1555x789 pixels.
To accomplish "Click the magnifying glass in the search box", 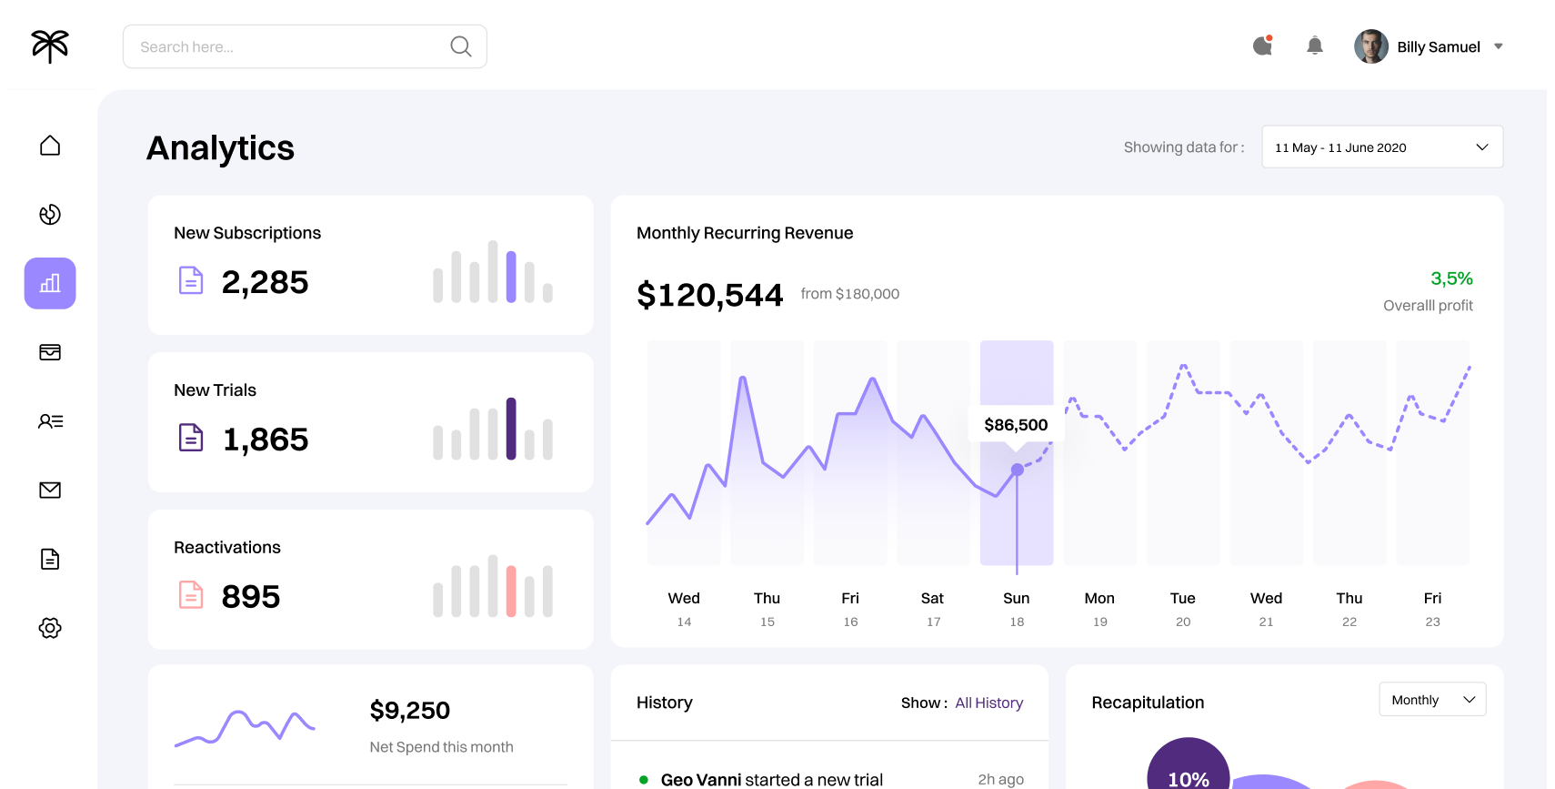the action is [461, 46].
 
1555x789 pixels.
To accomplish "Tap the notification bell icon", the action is [1315, 46].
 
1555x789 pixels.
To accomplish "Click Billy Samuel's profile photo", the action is [1371, 46].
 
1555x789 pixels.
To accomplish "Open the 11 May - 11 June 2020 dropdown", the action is [1382, 147].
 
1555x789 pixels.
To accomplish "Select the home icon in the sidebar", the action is [50, 146].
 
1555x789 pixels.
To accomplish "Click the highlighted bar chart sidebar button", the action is [50, 283].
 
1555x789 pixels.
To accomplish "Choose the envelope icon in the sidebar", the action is [50, 491].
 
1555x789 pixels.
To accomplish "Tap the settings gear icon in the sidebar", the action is [50, 628].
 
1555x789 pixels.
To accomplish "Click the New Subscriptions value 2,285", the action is [265, 282].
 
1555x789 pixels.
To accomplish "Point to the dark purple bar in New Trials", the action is [511, 429].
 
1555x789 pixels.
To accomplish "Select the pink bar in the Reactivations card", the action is [511, 591].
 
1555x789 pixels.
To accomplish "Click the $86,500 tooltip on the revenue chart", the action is [1016, 425].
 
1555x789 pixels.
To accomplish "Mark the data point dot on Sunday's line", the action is [1017, 470].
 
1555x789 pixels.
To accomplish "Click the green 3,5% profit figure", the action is [1451, 278].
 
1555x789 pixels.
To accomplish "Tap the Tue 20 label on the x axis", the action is [1183, 609].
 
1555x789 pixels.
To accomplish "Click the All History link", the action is [989, 703].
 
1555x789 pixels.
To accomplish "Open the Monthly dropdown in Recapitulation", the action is [1432, 700].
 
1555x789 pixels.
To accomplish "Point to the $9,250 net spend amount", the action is [409, 711].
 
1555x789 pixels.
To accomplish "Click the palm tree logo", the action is [50, 46].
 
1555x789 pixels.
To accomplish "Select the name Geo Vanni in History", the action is [700, 780].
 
